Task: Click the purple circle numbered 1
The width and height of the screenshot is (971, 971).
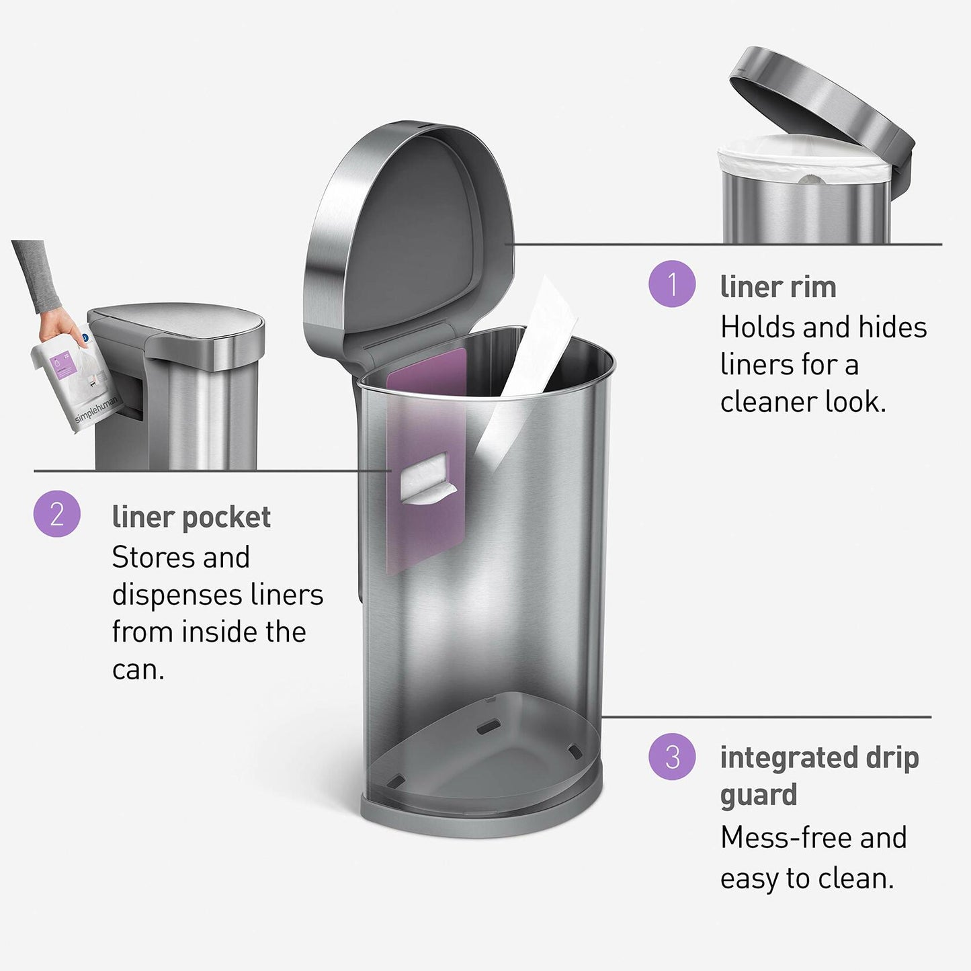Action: pyautogui.click(x=671, y=284)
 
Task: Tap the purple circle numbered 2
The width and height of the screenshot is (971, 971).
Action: pyautogui.click(x=57, y=514)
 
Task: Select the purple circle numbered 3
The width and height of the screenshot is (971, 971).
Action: pyautogui.click(x=671, y=757)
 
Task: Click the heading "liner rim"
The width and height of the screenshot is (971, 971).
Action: pyautogui.click(x=777, y=287)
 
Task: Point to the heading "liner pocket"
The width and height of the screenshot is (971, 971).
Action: pyautogui.click(x=191, y=517)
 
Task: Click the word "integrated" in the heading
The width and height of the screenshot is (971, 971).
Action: pyautogui.click(x=786, y=758)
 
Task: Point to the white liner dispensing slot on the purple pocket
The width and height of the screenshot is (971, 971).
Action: pyautogui.click(x=426, y=478)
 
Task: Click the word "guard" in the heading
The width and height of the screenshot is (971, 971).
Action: pyautogui.click(x=758, y=796)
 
